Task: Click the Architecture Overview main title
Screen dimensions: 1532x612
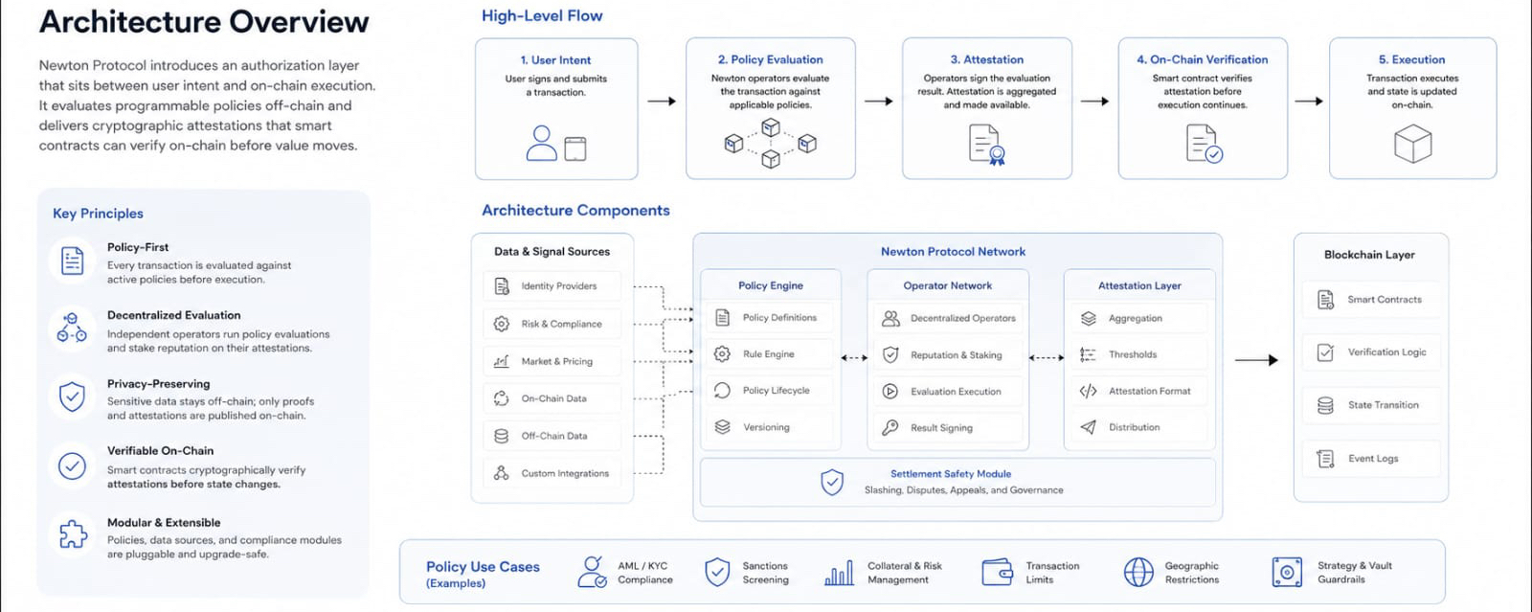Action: (204, 22)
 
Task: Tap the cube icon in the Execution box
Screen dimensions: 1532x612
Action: (1412, 144)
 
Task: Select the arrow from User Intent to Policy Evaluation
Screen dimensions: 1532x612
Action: (662, 102)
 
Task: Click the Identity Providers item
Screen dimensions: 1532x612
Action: (552, 285)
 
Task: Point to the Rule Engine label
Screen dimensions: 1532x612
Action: (768, 354)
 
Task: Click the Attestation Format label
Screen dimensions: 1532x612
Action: (1149, 391)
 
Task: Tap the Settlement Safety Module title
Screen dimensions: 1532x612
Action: (951, 473)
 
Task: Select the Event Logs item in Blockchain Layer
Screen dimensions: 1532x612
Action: (1370, 458)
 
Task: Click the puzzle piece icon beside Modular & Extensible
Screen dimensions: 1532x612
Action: (73, 534)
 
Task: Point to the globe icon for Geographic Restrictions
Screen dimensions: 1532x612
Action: (1138, 572)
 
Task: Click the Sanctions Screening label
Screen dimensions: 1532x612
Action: (765, 573)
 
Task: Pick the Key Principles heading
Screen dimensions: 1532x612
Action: (98, 214)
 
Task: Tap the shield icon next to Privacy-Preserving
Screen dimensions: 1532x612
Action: (72, 397)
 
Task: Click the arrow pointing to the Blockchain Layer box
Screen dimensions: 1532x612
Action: (1256, 360)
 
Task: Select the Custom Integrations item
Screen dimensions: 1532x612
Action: (552, 473)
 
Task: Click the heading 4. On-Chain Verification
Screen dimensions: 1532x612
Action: (1202, 59)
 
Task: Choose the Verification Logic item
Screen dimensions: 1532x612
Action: (1370, 352)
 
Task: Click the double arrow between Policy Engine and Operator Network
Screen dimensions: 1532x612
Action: (854, 357)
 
